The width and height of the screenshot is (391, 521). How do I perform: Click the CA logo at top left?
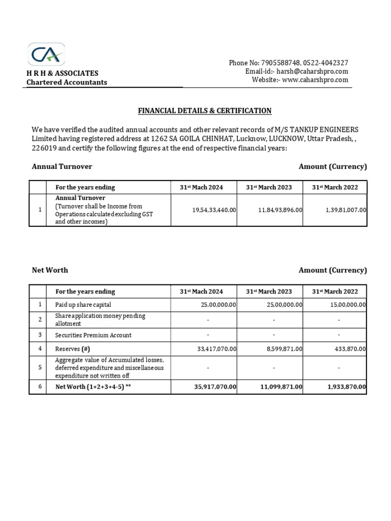46,54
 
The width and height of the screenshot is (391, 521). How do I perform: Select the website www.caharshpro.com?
315,80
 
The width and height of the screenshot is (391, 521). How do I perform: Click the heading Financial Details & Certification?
205,110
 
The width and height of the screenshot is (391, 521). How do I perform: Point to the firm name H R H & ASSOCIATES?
63,73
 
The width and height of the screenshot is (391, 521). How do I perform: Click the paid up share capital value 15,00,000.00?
346,305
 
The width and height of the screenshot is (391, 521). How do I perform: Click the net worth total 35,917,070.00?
215,387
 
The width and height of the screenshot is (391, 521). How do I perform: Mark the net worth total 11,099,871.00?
281,387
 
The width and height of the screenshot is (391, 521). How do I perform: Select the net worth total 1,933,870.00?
347,387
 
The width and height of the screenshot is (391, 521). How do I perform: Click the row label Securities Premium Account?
93,335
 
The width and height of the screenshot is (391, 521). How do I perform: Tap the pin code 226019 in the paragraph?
43,148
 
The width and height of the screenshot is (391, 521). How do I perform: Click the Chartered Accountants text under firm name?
67,82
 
